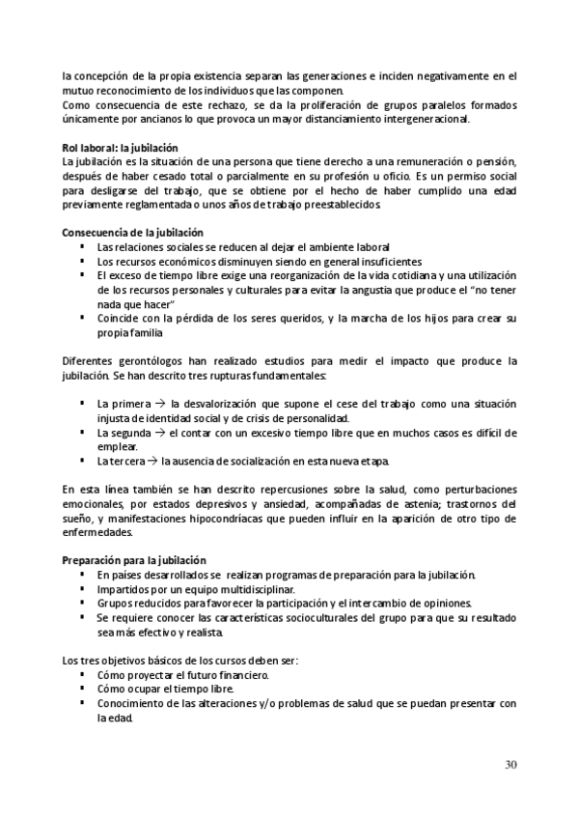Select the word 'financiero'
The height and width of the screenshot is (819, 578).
(236, 676)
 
